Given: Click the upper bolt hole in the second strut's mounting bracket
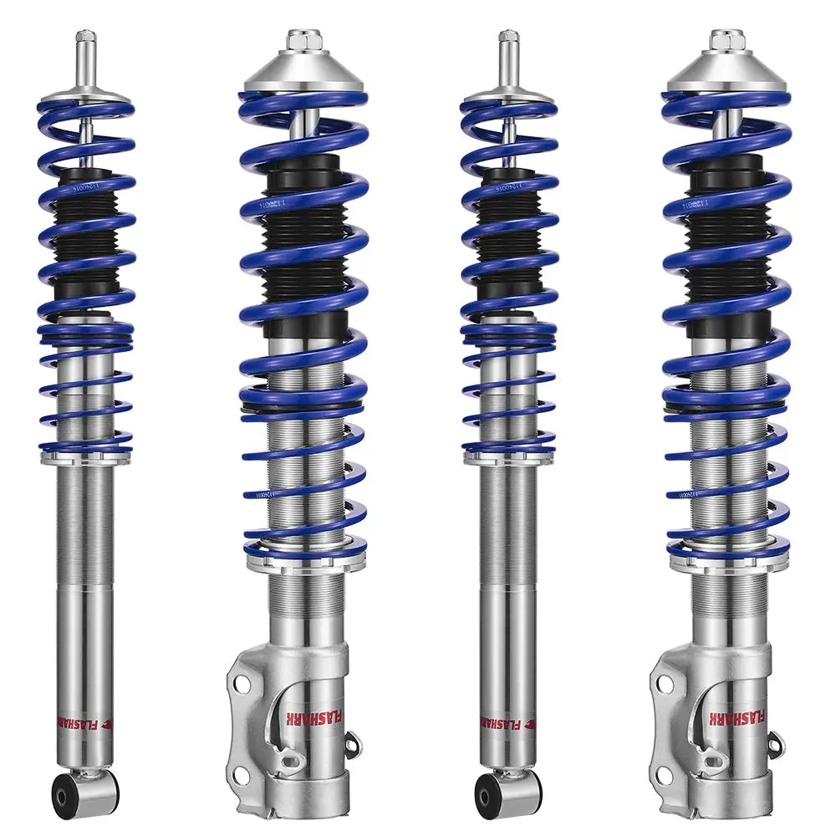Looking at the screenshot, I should (x=242, y=684).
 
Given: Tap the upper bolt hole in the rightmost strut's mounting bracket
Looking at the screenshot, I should (x=665, y=684).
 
